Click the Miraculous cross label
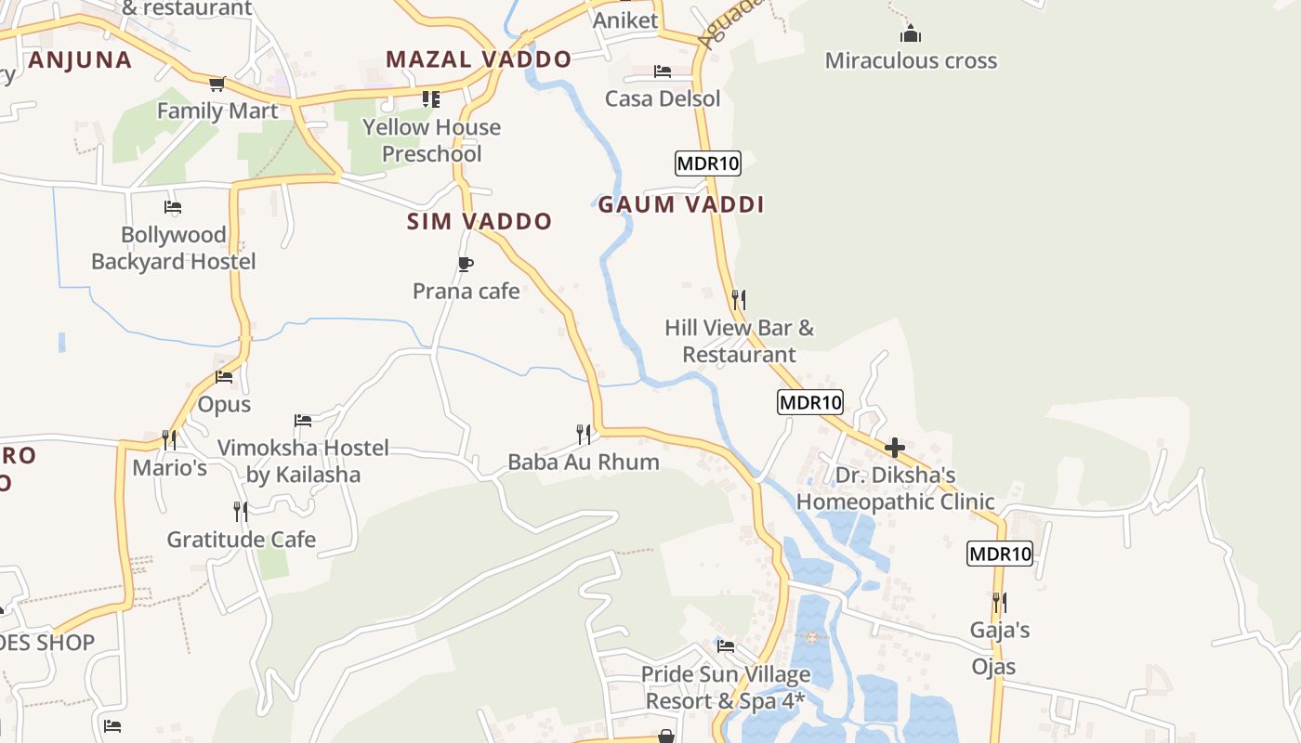coord(911,61)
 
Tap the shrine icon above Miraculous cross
coord(911,34)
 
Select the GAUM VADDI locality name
coord(681,205)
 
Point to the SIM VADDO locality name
coord(480,222)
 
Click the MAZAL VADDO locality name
coord(479,60)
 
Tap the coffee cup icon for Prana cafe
coord(466,265)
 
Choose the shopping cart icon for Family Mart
coord(217,85)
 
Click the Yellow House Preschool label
coord(431,140)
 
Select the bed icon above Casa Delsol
coord(663,72)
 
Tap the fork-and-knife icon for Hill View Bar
coord(739,299)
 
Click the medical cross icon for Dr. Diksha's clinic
coord(895,449)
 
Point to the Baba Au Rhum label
coord(584,462)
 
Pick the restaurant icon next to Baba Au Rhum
coord(584,434)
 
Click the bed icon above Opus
coord(224,377)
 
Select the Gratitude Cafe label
coord(242,540)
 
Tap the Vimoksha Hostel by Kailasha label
coord(303,462)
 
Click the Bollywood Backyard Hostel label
coord(174,248)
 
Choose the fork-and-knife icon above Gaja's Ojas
coord(1000,602)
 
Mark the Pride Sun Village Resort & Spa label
coord(726,687)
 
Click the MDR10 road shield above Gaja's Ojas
coord(1000,554)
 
